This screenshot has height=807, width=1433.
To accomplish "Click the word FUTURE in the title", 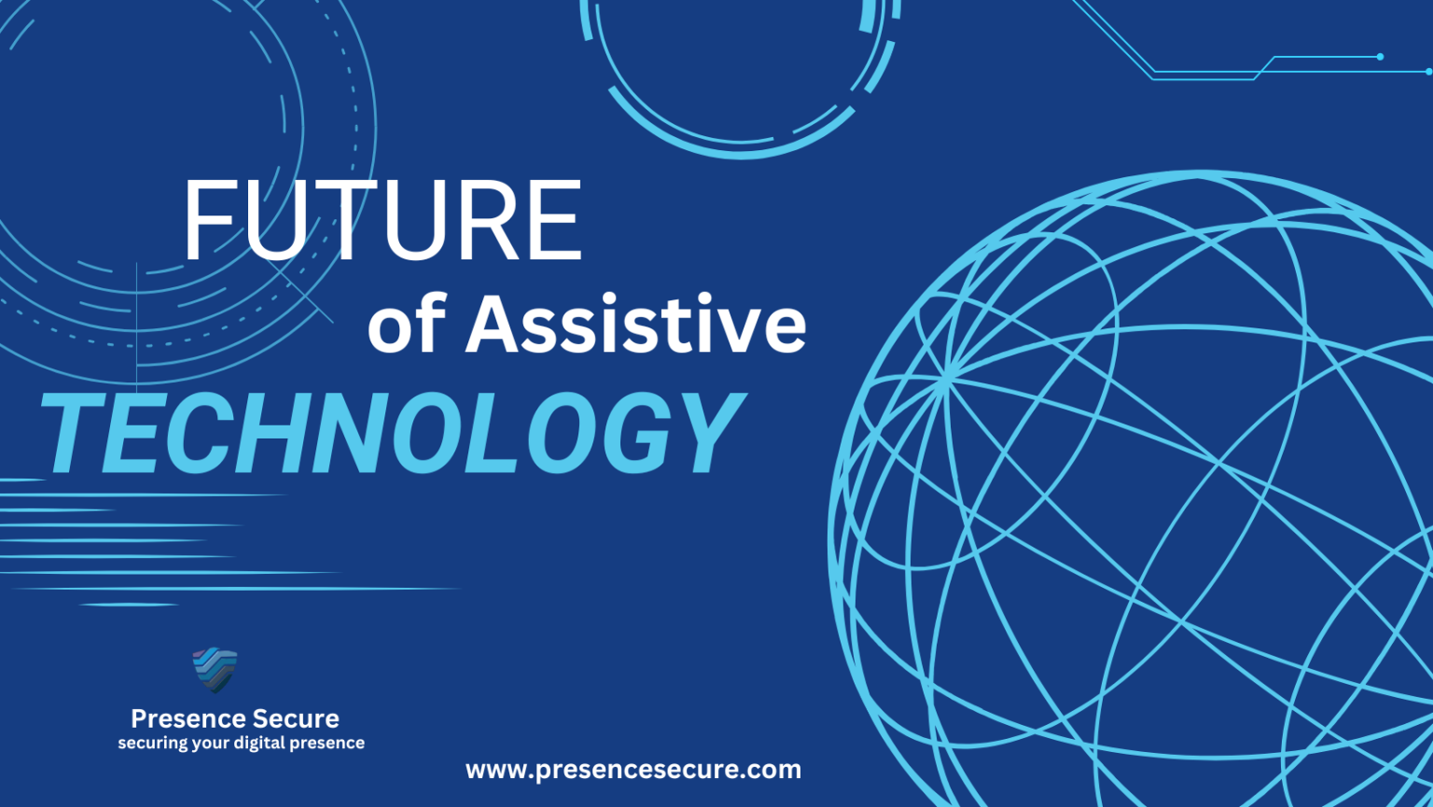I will click(x=383, y=221).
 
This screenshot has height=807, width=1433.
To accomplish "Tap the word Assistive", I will click(x=635, y=325).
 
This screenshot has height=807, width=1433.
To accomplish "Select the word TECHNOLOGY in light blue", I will click(x=392, y=434).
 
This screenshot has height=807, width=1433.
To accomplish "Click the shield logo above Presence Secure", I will click(x=215, y=670).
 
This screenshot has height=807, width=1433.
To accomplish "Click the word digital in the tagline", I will click(x=258, y=744).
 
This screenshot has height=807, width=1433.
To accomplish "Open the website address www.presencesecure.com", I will click(x=633, y=770).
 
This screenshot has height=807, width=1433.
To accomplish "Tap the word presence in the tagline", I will click(x=327, y=744).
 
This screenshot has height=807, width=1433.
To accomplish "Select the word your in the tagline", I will click(x=210, y=744).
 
